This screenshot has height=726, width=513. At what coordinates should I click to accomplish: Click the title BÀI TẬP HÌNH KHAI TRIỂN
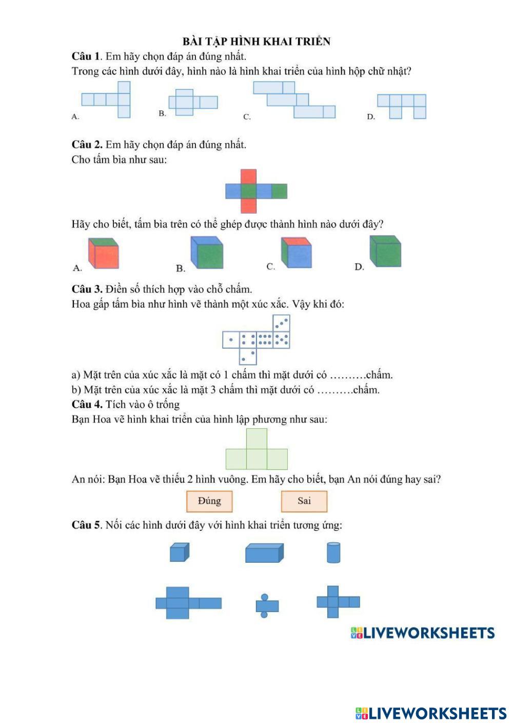pos(256,42)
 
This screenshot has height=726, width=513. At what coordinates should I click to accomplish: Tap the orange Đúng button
pos(209,501)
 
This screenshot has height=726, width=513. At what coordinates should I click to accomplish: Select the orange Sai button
pos(304,501)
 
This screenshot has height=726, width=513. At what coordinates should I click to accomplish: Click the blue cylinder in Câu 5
pos(333,553)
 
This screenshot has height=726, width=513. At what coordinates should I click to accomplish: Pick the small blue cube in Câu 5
pos(180,552)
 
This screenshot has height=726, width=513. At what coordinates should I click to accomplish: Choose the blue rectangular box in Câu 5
pos(264,553)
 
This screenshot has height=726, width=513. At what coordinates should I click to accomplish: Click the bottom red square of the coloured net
pos(248,206)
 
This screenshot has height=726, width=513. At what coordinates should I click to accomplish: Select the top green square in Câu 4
pos(256,439)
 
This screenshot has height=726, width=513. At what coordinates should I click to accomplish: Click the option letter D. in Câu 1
pos(371,117)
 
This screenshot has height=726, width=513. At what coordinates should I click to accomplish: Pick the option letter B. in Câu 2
pos(181,268)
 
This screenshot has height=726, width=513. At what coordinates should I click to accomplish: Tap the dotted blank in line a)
pos(347,375)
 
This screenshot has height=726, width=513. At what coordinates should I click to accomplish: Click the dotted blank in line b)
pos(334,390)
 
